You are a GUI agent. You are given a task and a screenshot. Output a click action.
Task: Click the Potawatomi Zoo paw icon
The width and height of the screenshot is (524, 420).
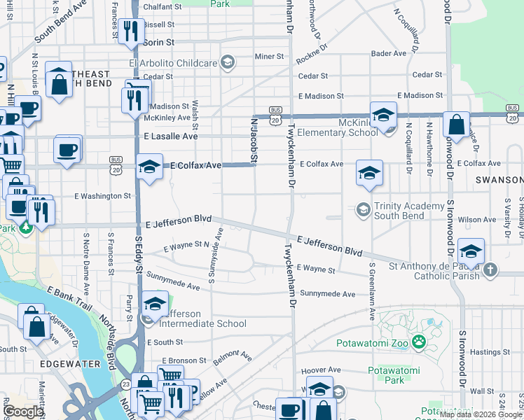[x=419, y=342]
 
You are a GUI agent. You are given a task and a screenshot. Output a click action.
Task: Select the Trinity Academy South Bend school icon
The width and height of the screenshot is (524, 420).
[x=363, y=209]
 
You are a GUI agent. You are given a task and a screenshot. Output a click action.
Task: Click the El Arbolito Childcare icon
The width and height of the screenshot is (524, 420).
[x=227, y=63]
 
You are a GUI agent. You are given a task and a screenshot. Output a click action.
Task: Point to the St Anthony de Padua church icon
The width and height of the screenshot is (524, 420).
[x=490, y=269]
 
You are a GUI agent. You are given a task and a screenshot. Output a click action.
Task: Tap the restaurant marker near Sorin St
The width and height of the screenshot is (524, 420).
[x=130, y=31]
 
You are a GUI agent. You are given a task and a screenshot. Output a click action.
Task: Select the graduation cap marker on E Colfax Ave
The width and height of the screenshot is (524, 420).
[x=149, y=167]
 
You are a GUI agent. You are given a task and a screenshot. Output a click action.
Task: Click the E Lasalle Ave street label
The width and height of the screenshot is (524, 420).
[x=171, y=136]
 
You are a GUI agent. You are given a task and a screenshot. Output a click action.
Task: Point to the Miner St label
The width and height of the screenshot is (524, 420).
[x=268, y=56]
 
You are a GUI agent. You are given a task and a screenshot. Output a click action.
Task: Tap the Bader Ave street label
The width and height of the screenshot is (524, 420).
[x=389, y=53]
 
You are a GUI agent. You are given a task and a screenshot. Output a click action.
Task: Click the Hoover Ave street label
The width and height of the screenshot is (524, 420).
[x=319, y=370]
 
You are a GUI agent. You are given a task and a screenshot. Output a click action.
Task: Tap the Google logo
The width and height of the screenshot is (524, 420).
[x=22, y=412]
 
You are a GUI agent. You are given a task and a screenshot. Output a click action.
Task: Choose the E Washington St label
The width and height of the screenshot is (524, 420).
[x=102, y=196]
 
